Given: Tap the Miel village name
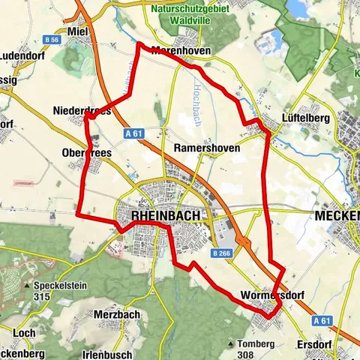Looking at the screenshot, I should coord(77,31).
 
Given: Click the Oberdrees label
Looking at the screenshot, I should coord(87,151).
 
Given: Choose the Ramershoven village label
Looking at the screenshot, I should coord(207,148).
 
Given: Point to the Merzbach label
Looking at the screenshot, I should coord(114,313).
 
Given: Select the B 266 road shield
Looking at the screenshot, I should coord(223,254).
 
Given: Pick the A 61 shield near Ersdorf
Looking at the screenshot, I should coord(322,320).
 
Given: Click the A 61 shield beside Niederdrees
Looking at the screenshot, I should coord(134,133).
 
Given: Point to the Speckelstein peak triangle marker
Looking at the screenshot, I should coord(28,286).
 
